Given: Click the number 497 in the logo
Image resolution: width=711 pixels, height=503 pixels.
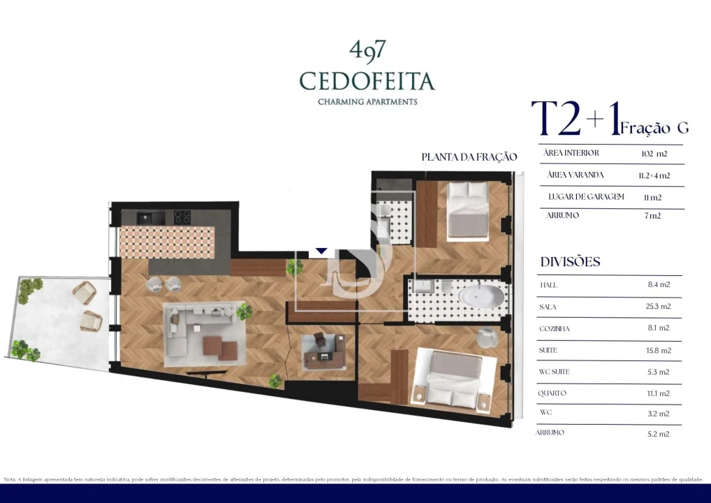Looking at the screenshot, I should [x=367, y=51].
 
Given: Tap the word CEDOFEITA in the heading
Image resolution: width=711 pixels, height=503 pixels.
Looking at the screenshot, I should [x=367, y=81].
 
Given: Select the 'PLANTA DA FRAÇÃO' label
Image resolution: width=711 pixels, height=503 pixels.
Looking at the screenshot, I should [x=469, y=157].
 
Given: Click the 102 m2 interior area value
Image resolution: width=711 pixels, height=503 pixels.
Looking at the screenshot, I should [x=654, y=154].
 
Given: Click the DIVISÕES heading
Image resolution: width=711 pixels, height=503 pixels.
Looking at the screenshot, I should [x=570, y=262].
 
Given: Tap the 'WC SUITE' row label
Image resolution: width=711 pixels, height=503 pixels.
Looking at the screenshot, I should [x=555, y=372].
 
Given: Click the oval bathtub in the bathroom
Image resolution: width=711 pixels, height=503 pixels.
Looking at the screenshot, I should [x=481, y=296].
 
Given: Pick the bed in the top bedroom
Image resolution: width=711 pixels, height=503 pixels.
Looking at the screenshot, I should [x=468, y=210].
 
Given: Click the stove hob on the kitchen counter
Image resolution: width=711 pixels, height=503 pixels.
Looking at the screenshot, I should [x=182, y=217].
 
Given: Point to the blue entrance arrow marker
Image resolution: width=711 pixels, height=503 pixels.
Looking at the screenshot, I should [x=321, y=250].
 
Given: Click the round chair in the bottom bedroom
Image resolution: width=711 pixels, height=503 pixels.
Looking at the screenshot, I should [x=488, y=337].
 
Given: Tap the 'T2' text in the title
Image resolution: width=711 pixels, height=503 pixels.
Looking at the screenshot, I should [x=556, y=119].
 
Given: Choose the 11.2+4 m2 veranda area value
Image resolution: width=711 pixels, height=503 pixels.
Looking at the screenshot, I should [x=654, y=175].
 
